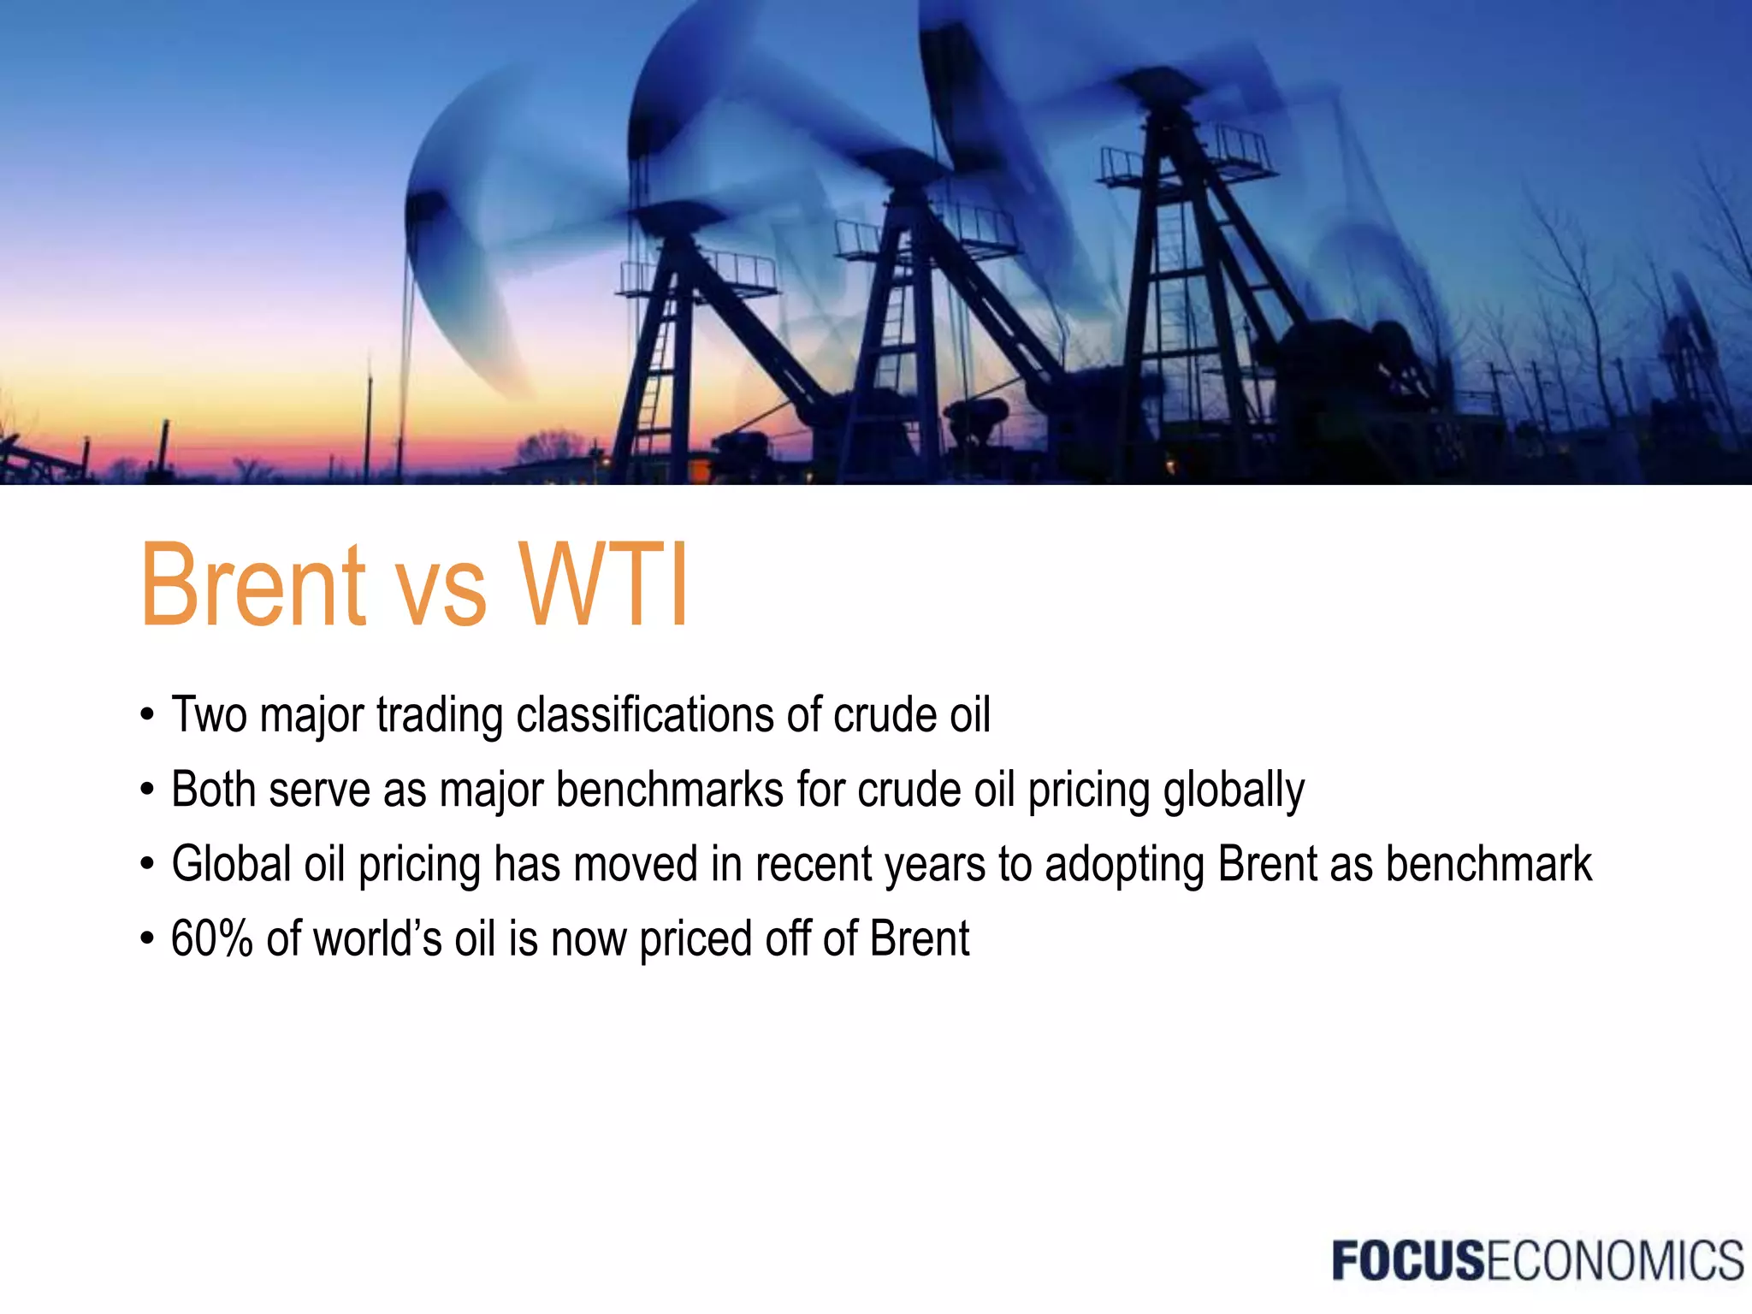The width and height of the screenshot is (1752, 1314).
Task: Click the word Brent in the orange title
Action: pyautogui.click(x=253, y=587)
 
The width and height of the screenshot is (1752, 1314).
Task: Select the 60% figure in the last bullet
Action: pyautogui.click(x=211, y=938)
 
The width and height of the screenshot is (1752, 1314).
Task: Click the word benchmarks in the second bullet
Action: pyautogui.click(x=670, y=789)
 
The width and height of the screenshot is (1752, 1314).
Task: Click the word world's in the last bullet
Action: pyautogui.click(x=377, y=938)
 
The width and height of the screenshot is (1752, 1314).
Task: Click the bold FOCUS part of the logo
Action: pyautogui.click(x=1408, y=1261)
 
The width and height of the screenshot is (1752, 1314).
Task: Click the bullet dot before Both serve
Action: pyautogui.click(x=147, y=790)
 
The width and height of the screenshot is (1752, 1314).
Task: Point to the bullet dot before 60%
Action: pyautogui.click(x=147, y=939)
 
